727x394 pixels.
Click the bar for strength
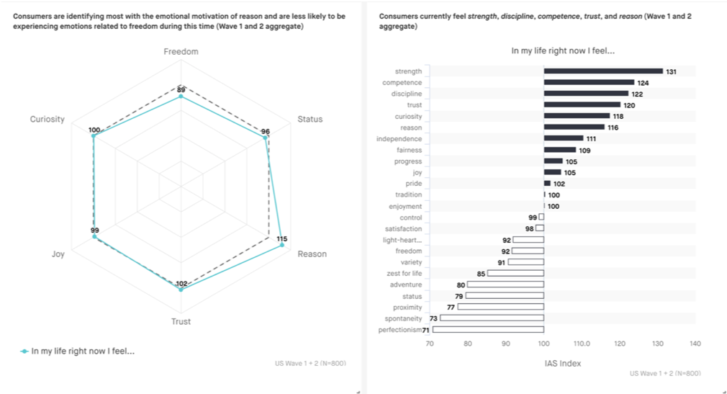[603, 71]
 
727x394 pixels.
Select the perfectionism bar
[488, 330]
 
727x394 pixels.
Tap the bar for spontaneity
[492, 318]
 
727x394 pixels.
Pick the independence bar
[564, 138]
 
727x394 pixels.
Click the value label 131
[672, 72]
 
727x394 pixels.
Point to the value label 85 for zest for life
[481, 274]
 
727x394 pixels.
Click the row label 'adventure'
[406, 285]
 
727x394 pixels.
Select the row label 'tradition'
[408, 194]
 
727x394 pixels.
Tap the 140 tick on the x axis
[695, 344]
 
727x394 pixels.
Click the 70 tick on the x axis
[430, 344]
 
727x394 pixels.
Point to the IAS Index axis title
[562, 363]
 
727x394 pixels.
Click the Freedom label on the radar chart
[181, 52]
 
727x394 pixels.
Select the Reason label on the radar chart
[312, 254]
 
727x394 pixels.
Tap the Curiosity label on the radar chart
[48, 120]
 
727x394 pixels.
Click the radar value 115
[282, 238]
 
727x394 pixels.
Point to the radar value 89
[181, 89]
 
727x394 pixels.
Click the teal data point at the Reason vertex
[282, 246]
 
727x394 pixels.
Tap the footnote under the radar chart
[310, 363]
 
